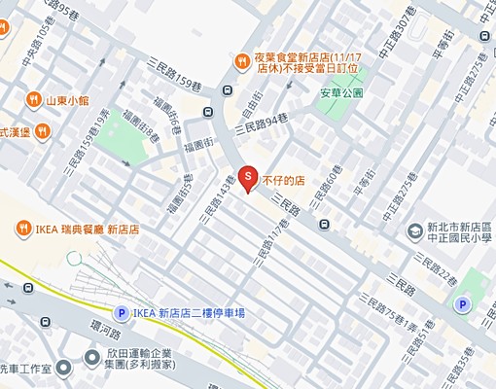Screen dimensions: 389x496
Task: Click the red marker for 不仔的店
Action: (x=247, y=178)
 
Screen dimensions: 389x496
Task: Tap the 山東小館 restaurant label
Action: (x=66, y=99)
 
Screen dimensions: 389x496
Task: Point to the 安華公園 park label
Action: (x=340, y=93)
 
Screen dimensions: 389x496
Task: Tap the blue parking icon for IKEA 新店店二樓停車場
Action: (x=120, y=312)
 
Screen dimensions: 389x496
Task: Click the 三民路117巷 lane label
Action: (x=271, y=242)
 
